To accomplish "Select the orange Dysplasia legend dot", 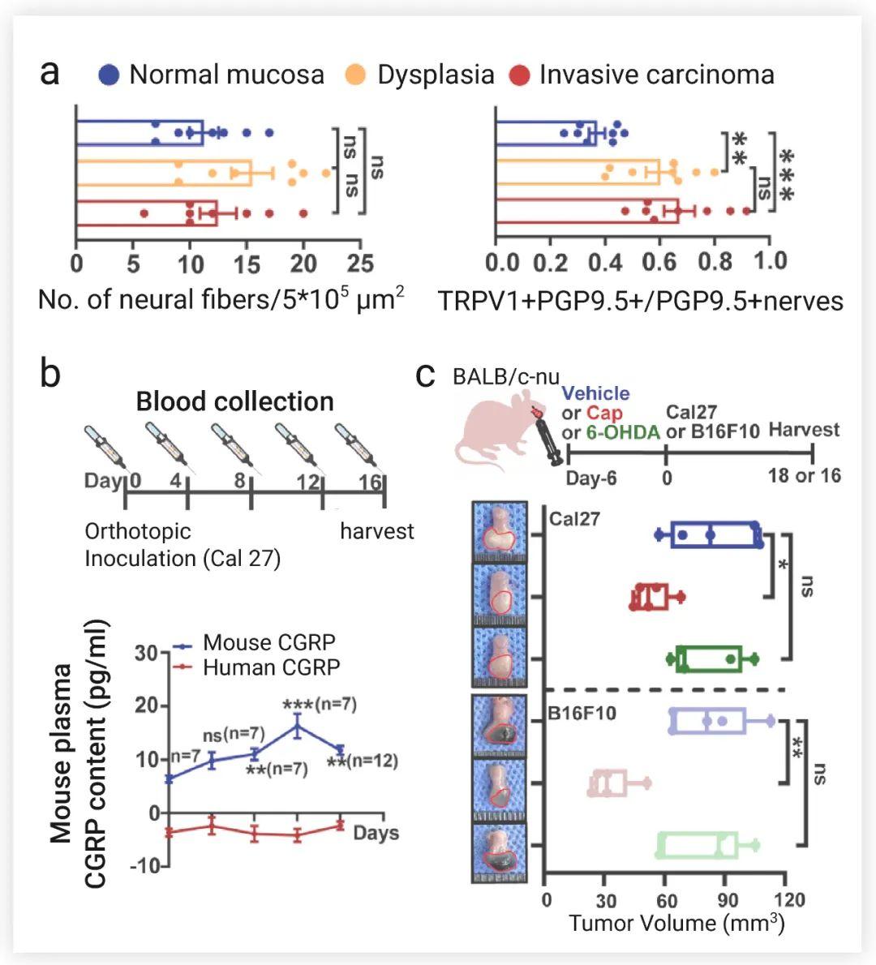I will click(354, 75).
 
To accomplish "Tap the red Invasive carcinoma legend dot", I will click(519, 75).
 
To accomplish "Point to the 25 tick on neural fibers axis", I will click(361, 264).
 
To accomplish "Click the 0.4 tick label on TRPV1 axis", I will click(604, 261).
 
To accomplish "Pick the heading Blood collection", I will click(234, 401).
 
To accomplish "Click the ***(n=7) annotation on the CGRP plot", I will click(319, 704).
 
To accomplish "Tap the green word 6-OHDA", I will click(623, 432).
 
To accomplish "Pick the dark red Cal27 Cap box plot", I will click(651, 597).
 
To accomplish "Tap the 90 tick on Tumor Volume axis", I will click(728, 900).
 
